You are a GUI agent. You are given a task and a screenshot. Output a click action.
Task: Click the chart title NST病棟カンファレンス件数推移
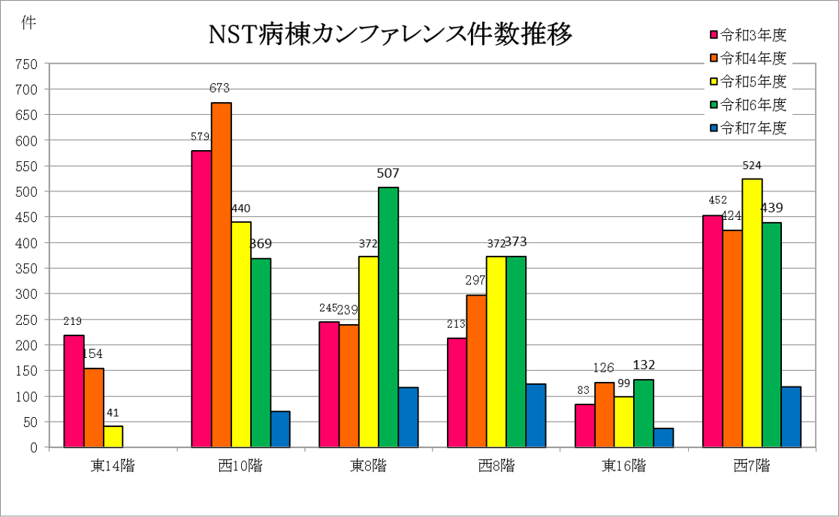pos(390,34)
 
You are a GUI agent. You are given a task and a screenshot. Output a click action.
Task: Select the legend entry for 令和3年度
pos(747,35)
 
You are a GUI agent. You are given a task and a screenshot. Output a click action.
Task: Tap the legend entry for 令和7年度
pos(747,128)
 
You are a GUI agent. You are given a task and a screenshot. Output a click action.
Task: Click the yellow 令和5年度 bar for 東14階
pos(113,437)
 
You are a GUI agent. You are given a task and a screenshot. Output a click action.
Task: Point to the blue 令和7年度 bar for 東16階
pos(663,437)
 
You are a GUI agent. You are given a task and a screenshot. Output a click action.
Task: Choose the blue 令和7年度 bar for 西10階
pos(280,429)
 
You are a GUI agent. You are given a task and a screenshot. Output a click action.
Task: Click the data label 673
pos(220,89)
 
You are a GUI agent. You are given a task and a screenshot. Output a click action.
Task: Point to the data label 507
pos(388,173)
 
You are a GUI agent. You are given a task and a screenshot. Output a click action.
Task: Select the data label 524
pos(752,165)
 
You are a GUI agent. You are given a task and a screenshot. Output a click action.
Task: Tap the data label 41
pos(113,413)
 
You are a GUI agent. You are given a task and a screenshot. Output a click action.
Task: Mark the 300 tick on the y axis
pos(27,294)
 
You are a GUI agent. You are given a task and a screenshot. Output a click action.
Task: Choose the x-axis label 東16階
pos(623,466)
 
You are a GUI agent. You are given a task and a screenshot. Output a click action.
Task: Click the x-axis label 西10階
pos(240,466)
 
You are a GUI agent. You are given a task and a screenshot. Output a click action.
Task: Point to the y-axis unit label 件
pos(28,23)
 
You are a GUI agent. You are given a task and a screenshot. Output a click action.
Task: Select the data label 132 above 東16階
pos(644,365)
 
